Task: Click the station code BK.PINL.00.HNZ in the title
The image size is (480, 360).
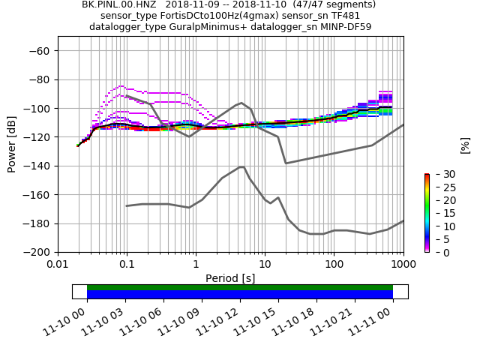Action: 115,4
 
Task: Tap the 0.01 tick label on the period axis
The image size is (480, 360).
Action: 58,264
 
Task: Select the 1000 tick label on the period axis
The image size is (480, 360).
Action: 403,264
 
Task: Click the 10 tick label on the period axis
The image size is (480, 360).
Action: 265,264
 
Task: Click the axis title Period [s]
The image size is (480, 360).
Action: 230,278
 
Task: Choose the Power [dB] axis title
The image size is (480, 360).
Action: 12,144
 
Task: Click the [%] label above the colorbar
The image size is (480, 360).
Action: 465,144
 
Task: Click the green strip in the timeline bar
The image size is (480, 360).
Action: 240,287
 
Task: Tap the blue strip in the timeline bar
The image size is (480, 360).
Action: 240,295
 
